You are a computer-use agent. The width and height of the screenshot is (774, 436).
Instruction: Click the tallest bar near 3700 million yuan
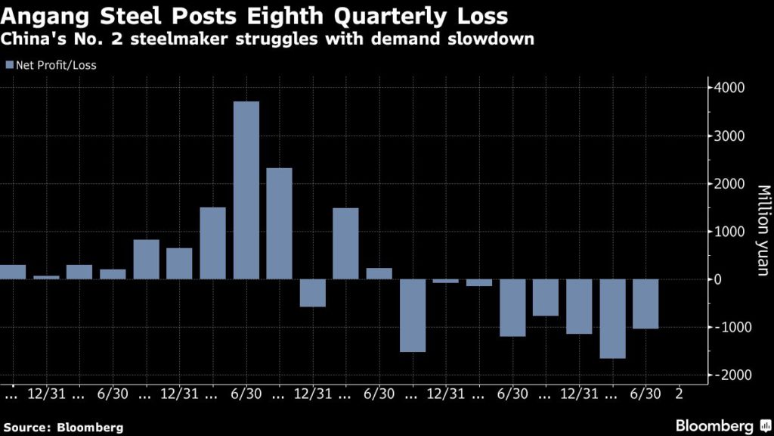246,190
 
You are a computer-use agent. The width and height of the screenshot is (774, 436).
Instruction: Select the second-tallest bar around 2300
279,223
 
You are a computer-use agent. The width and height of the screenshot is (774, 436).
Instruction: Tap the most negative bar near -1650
612,319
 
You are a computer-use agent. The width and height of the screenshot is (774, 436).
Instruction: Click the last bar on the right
646,304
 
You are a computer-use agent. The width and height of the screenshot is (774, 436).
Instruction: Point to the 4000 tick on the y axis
729,88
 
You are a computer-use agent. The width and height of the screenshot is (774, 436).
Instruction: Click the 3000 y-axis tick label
729,136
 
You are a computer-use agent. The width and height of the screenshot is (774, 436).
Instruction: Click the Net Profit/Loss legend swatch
9,65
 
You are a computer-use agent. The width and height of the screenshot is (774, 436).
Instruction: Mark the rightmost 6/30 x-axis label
646,394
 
